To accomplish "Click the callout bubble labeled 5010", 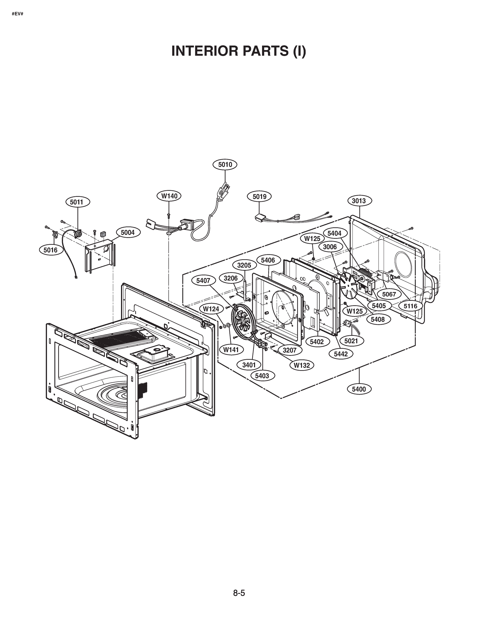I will point(225,165).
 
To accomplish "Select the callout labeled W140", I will point(169,196).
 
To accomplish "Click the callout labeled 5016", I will point(51,250).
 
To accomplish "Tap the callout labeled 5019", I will point(259,197).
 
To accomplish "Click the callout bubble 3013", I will point(359,201).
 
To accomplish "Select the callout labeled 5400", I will point(359,389).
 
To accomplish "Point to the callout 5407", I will point(203,281).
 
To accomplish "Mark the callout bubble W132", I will point(301,365).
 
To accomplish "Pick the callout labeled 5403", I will point(262,376).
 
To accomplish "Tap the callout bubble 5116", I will point(410,306).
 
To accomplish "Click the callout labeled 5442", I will point(341,354).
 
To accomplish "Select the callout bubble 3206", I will point(231,278).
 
